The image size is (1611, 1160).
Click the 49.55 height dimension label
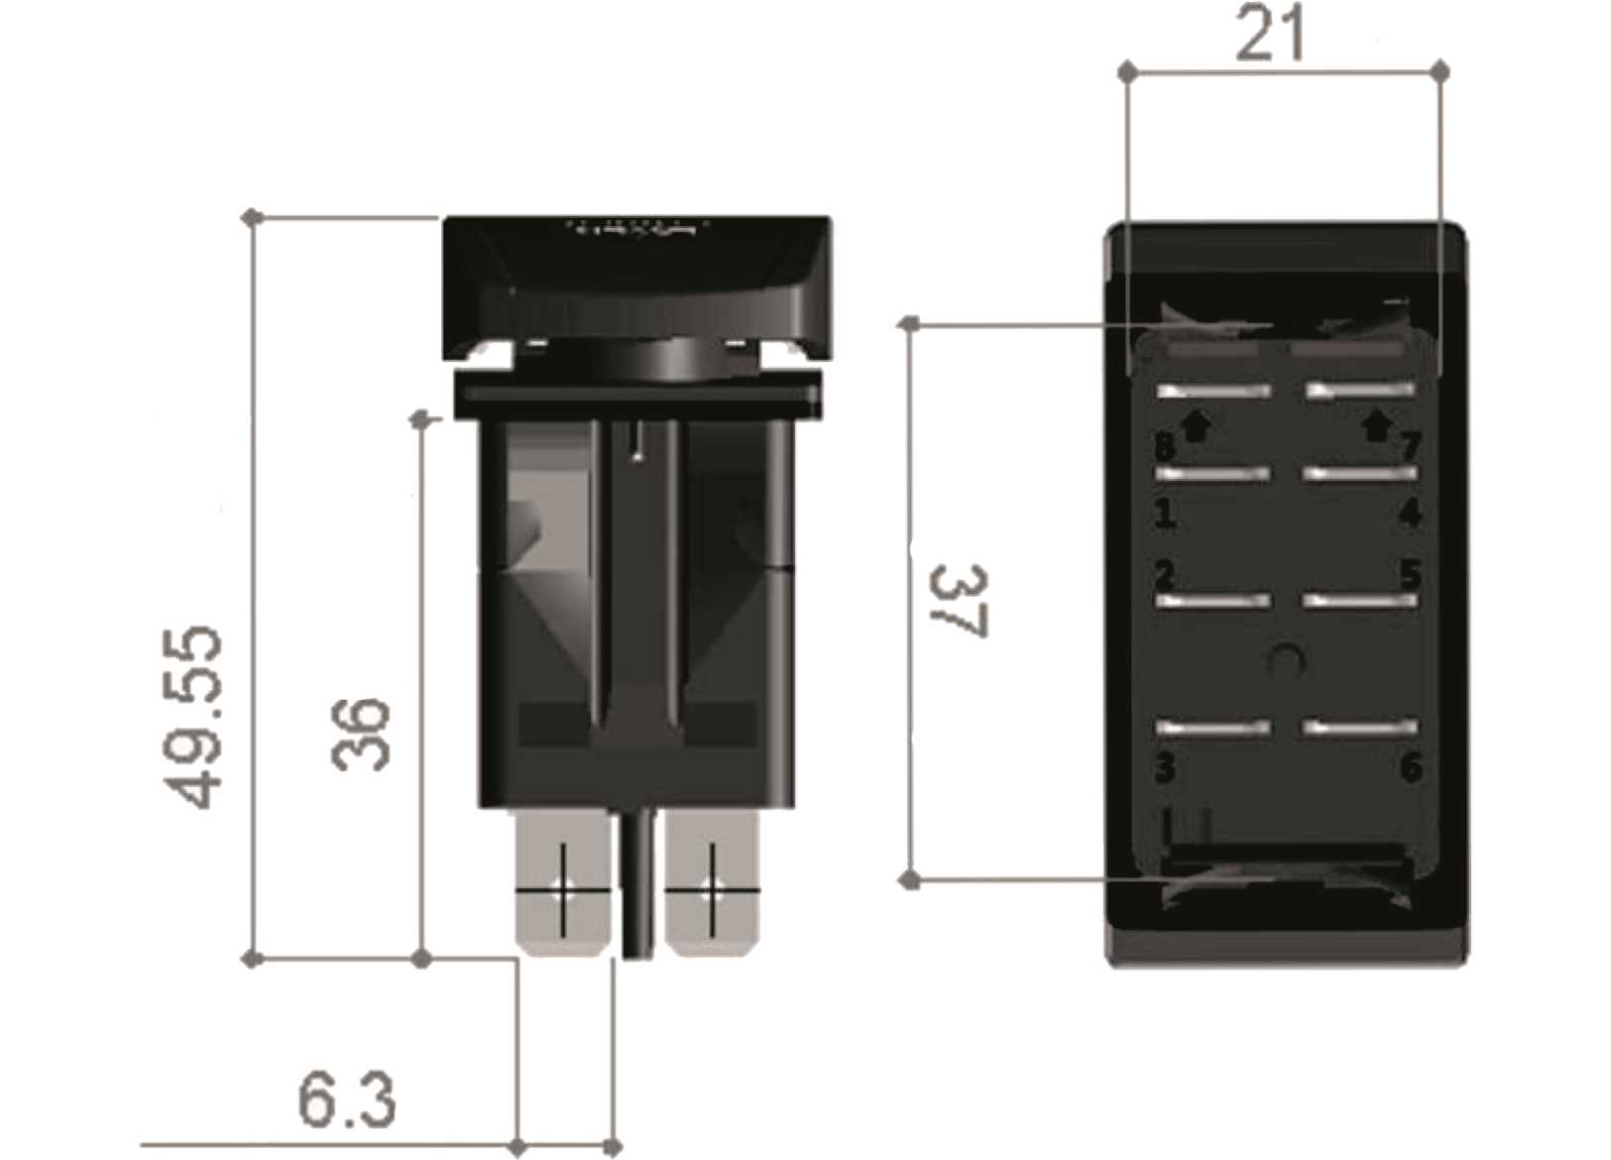pyautogui.click(x=194, y=716)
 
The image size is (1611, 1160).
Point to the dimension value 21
pyautogui.click(x=1271, y=36)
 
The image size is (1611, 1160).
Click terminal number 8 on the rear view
pyautogui.click(x=1166, y=445)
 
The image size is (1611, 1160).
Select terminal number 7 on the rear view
pyautogui.click(x=1410, y=445)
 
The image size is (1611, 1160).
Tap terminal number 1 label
pyautogui.click(x=1166, y=513)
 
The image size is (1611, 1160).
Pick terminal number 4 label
pyautogui.click(x=1410, y=513)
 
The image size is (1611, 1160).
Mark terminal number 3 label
pyautogui.click(x=1166, y=767)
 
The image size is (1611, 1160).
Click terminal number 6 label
pyautogui.click(x=1410, y=767)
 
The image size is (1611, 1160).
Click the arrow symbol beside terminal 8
pyautogui.click(x=1197, y=425)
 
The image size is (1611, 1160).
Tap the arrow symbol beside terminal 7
pyautogui.click(x=1375, y=425)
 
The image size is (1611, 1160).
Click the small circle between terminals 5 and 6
pyautogui.click(x=1286, y=658)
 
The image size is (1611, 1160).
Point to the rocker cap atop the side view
pyautogui.click(x=636, y=283)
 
